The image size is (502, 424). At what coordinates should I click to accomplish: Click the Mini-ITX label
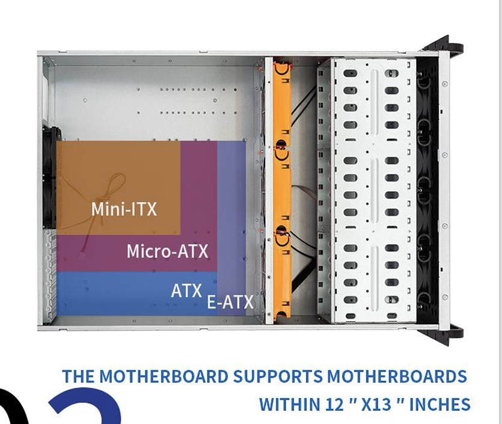pyautogui.click(x=124, y=209)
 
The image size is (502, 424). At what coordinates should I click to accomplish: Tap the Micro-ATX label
pyautogui.click(x=167, y=251)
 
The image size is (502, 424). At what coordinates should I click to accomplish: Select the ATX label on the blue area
pyautogui.click(x=186, y=291)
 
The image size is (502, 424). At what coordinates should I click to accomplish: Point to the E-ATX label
pyautogui.click(x=230, y=302)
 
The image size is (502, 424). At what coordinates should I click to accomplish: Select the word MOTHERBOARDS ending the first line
pyautogui.click(x=397, y=377)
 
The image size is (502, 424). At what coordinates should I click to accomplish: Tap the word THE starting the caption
pyautogui.click(x=78, y=377)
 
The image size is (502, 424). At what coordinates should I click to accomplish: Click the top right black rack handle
pyautogui.click(x=448, y=46)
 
